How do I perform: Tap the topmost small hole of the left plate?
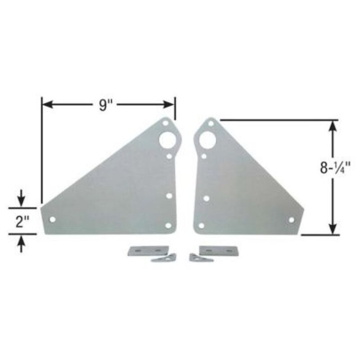tap(165, 122)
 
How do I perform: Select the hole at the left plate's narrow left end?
tap(52, 220)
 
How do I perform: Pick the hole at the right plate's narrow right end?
tap(291, 220)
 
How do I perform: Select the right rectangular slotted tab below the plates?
tap(218, 249)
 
